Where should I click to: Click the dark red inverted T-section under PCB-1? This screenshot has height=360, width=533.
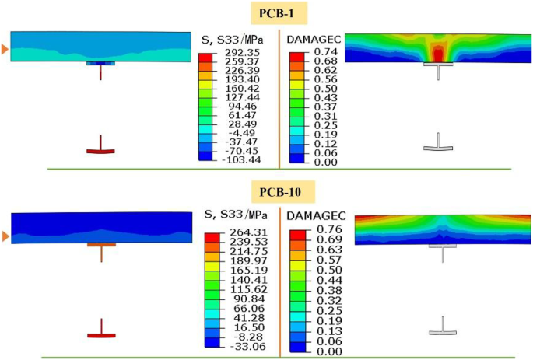[x=100, y=146]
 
